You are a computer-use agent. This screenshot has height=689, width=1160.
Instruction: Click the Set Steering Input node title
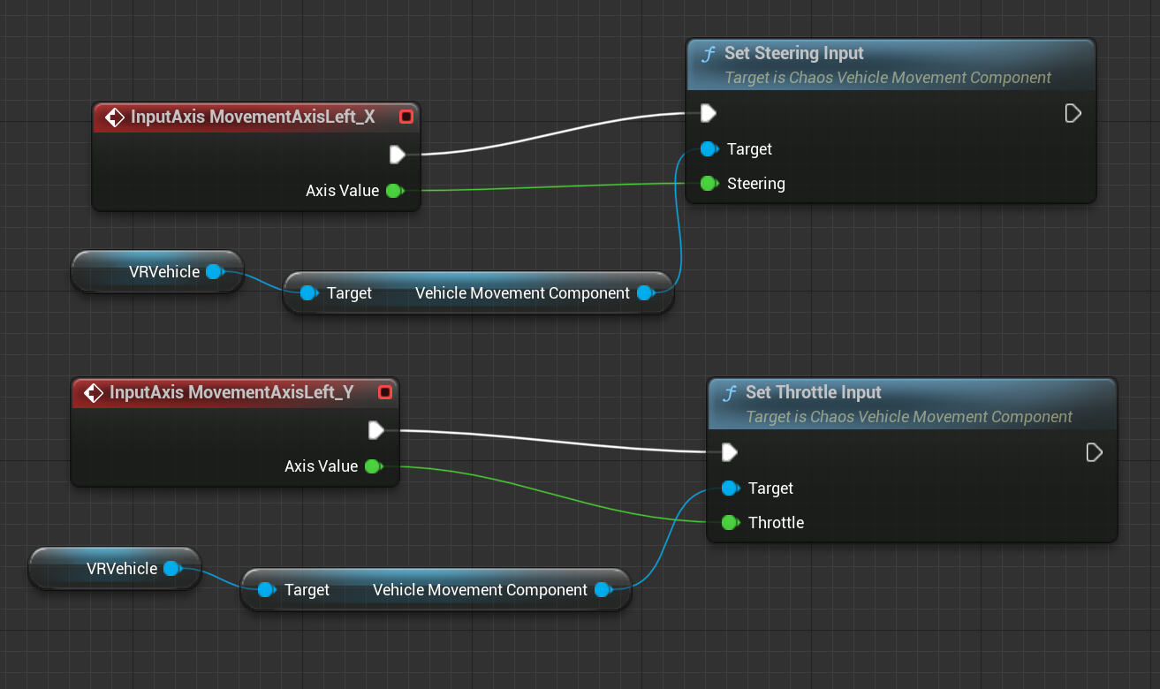(793, 54)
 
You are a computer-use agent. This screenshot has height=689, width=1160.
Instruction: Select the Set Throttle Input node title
(813, 392)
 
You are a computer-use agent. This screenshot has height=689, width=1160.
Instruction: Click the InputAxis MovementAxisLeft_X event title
(253, 117)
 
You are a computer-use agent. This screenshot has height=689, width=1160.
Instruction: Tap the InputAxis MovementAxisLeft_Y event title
(231, 392)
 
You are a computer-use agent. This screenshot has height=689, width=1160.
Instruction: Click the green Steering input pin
(709, 184)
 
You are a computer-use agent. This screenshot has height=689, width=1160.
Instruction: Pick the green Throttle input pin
(730, 523)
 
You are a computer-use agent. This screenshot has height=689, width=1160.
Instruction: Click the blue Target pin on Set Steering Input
(709, 149)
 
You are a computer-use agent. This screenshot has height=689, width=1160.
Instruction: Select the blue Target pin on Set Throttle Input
(730, 488)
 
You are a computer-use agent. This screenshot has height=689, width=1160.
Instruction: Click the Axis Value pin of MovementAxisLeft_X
(394, 191)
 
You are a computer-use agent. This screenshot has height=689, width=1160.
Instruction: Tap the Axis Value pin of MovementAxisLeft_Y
(373, 466)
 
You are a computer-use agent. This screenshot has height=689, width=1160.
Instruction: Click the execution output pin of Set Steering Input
(1073, 113)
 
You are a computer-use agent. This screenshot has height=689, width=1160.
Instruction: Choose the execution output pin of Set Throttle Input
(1094, 452)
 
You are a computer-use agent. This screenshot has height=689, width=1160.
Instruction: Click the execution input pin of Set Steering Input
(709, 113)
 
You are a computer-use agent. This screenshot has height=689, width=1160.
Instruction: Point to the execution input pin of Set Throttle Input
(730, 452)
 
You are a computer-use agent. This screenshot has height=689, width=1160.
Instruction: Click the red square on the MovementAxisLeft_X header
(406, 117)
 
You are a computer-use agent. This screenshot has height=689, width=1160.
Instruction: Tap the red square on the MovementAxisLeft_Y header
(384, 392)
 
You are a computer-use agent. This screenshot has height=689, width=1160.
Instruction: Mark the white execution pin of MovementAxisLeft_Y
(376, 430)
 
